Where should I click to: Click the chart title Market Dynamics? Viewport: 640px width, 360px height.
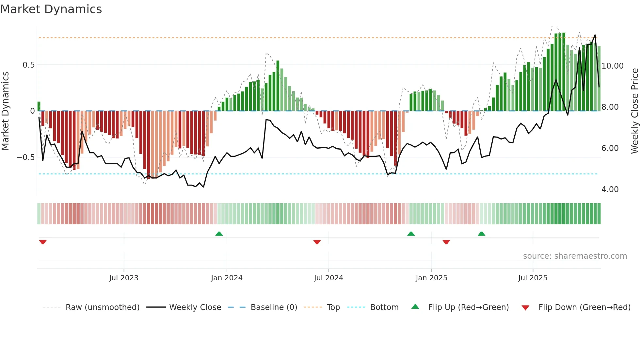tap(51, 9)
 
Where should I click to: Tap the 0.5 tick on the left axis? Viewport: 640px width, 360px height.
tap(28, 65)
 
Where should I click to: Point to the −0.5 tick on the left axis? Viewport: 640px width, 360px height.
tap(25, 157)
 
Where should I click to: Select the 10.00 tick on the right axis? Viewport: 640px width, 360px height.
tap(612, 66)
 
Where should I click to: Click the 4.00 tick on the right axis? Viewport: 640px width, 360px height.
tap(610, 189)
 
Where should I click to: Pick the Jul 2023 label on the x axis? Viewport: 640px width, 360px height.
tap(124, 278)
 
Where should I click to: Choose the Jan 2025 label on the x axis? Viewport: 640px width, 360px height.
tap(431, 278)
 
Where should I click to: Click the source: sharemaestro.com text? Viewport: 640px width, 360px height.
tap(575, 256)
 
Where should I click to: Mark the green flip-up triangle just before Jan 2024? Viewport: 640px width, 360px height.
tap(219, 234)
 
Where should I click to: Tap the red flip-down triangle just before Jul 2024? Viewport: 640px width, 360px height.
tap(317, 242)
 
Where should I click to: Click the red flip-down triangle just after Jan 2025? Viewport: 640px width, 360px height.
tap(446, 242)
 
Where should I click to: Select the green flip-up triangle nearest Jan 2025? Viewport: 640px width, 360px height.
tap(411, 234)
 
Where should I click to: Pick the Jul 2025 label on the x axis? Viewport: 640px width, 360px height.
tap(533, 278)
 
